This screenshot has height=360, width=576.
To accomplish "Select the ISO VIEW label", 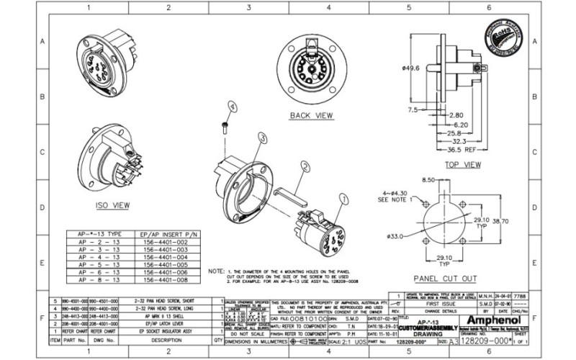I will [x=113, y=205].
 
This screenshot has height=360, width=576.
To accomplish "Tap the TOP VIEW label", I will [x=462, y=165].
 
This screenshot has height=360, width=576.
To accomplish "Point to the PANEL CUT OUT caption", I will [x=445, y=278].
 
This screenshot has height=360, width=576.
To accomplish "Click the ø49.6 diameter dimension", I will [x=412, y=69].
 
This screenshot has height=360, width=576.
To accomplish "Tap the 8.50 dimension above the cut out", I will [x=430, y=179].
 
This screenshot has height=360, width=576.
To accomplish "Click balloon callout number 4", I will [x=232, y=106].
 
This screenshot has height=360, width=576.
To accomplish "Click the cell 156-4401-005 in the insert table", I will [x=166, y=265].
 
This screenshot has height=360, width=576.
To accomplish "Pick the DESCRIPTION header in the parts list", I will [x=166, y=340].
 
